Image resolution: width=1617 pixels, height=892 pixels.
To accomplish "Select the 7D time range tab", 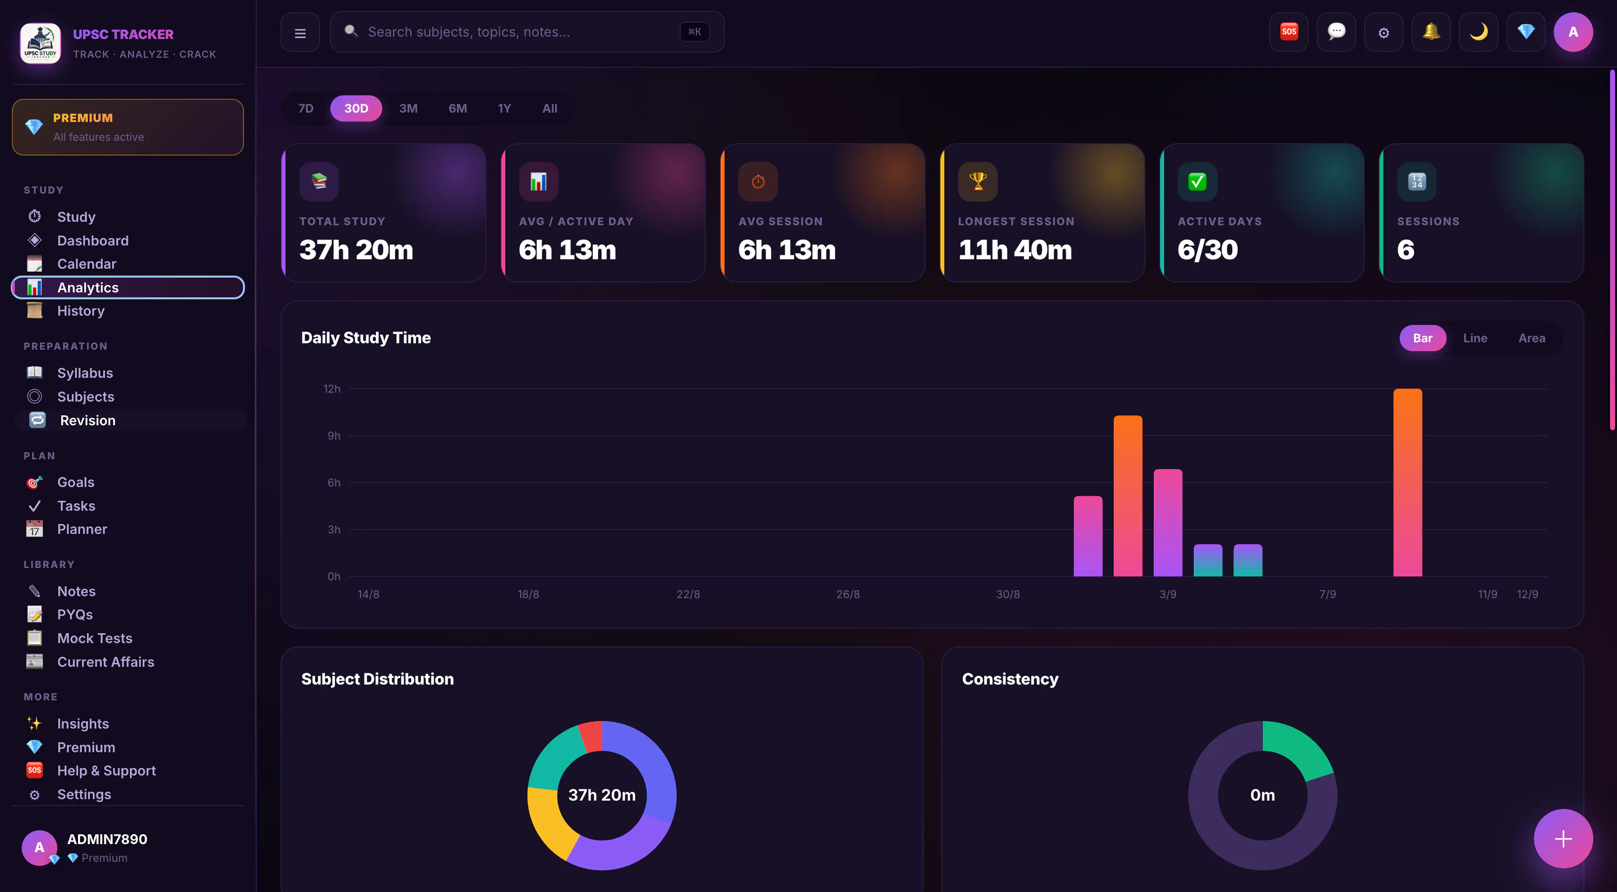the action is pos(306,109).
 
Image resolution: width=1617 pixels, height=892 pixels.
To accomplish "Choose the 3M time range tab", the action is pos(408,109).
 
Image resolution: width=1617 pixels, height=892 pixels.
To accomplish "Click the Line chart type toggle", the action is pos(1475,338).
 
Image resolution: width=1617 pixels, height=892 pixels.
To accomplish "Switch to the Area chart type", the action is pos(1532,338).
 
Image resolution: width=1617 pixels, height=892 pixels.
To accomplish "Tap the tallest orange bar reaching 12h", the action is pos(1407,482).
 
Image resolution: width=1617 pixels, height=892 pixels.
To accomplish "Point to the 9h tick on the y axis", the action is pos(334,436).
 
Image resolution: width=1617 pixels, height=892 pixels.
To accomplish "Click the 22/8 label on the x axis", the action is pos(688,594).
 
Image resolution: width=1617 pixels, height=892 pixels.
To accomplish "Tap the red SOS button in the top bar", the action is pos(1289,32).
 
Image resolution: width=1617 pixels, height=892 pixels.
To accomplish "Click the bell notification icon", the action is pos(1431,32).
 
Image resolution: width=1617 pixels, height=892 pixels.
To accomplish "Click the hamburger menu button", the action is pos(300,33).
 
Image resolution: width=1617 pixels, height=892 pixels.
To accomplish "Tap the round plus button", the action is pos(1563,839).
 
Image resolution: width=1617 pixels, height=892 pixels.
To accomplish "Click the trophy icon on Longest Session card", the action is pos(977,181).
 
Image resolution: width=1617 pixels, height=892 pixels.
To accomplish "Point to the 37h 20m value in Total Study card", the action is pos(356,250).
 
